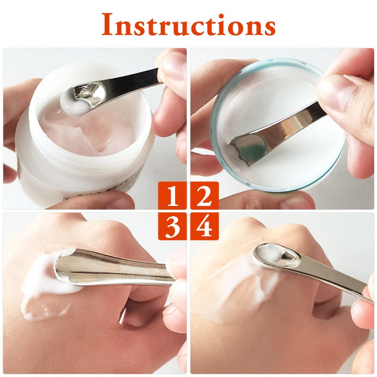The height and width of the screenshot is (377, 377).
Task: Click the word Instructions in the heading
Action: click(x=188, y=25)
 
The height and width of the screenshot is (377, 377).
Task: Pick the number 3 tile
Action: click(x=172, y=226)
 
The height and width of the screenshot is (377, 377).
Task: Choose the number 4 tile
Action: click(x=205, y=226)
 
